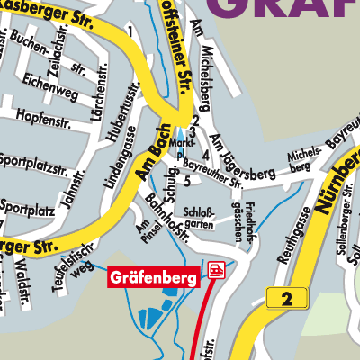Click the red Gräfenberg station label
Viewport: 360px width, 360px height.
pos(154,279)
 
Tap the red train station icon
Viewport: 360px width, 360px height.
pos(216,270)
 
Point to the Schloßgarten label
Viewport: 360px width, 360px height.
pos(198,218)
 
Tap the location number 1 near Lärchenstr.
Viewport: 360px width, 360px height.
pos(130,32)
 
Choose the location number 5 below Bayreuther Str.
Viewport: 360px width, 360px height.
pos(186,182)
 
